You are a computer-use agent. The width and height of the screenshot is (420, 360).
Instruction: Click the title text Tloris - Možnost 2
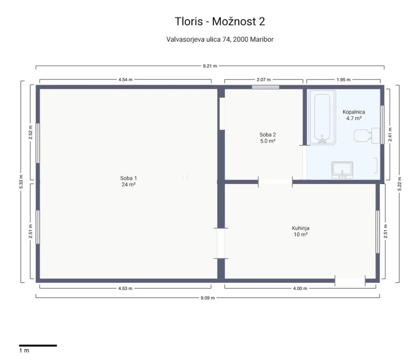pos(220,22)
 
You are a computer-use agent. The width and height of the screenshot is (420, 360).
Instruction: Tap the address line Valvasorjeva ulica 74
pos(199,40)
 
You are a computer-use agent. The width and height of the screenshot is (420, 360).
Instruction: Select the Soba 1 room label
pos(128,181)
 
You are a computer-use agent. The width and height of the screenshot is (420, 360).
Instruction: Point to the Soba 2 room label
pos(267,138)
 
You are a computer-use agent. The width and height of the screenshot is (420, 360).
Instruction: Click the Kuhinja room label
pos(301,231)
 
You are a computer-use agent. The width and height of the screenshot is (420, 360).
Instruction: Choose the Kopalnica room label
pos(354,115)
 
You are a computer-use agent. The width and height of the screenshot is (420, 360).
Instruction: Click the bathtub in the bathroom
pos(322,117)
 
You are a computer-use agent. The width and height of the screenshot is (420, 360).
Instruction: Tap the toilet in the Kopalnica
pos(367,136)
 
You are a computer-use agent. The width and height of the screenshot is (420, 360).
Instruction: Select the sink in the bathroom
pos(343,170)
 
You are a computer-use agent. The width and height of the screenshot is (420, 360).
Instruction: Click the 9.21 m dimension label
pos(210,66)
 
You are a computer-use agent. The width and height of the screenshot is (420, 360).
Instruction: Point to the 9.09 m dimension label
pos(208,298)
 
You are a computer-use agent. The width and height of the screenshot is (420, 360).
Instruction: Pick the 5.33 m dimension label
pos(21,182)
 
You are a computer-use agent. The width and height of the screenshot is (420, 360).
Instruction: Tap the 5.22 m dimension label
pos(399,184)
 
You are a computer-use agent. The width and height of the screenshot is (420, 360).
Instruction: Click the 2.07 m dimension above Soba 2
pos(263,80)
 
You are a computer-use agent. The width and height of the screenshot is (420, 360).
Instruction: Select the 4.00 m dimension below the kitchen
pos(300,289)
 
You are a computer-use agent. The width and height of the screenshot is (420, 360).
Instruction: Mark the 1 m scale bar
pos(38,346)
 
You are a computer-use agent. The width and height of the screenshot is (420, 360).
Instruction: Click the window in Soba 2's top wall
pos(265,87)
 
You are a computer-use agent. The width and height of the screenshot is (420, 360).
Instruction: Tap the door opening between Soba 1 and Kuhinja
pos(221,243)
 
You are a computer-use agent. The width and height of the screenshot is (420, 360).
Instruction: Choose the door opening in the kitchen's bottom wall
pos(350,281)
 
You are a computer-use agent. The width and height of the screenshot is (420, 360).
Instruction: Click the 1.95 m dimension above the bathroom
pos(343,80)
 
